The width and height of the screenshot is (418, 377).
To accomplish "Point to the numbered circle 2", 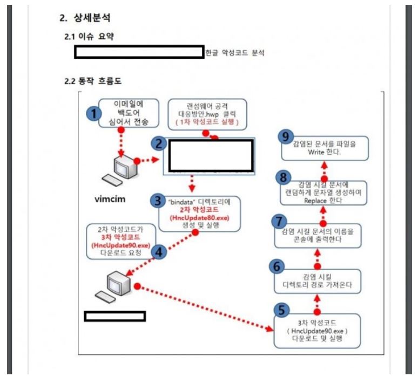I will tap(158, 144).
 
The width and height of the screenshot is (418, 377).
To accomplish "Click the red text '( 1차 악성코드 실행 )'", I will tap(207, 123).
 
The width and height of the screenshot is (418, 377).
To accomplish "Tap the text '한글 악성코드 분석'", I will tap(235, 53).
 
